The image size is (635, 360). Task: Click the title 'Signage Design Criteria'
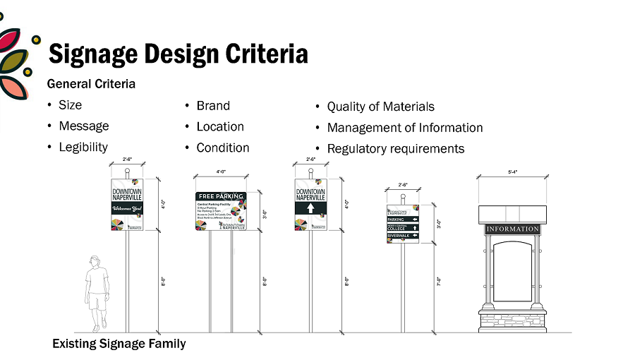point(177,54)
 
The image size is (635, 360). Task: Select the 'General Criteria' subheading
point(91,84)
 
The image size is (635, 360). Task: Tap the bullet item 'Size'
point(70,105)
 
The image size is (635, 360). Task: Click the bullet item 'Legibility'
point(83,147)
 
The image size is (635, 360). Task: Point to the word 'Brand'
point(213,106)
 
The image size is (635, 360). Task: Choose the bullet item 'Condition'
point(222,148)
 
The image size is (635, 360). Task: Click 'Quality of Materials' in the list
point(380,107)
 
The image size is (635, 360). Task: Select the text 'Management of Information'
point(404,128)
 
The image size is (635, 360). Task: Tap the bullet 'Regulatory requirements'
point(395,148)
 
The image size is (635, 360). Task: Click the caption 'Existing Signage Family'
point(119,344)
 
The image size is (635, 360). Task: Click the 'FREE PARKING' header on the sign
point(221,196)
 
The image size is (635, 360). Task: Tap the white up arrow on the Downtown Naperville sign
point(310,209)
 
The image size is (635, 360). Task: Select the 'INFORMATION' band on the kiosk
point(512,229)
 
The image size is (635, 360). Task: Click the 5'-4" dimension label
point(513,172)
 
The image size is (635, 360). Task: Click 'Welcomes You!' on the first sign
point(127,209)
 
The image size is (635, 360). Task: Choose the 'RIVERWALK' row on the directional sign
point(402,235)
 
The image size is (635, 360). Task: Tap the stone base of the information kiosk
point(512,319)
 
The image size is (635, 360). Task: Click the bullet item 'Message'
point(83,126)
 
